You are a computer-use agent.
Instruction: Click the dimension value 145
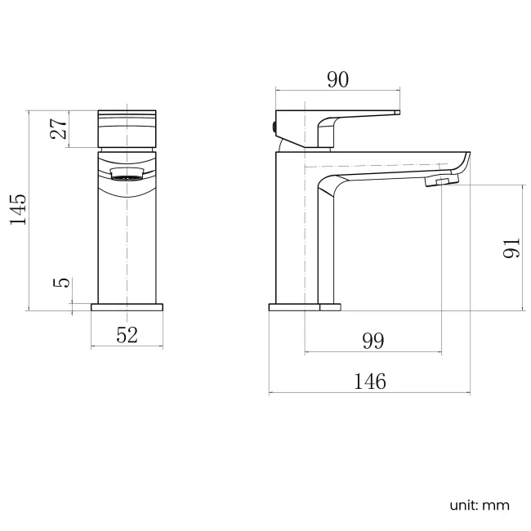click(17, 210)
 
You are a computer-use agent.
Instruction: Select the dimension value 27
click(58, 129)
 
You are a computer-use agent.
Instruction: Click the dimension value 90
click(337, 79)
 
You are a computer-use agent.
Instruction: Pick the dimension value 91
click(511, 248)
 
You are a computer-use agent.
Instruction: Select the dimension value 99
click(373, 341)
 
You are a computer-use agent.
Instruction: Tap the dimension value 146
click(369, 381)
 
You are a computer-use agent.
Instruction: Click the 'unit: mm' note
click(479, 505)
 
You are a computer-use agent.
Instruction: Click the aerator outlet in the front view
click(127, 172)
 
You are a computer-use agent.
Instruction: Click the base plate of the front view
click(127, 307)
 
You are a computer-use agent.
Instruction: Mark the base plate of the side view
click(304, 307)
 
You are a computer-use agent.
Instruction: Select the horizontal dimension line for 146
click(369, 394)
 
